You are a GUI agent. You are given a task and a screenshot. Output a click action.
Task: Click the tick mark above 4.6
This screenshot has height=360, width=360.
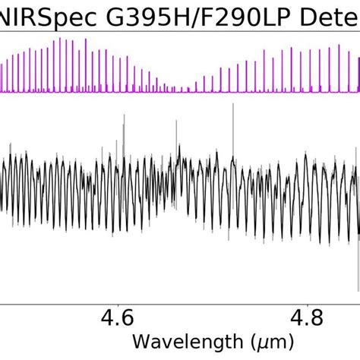[x=117, y=298]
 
